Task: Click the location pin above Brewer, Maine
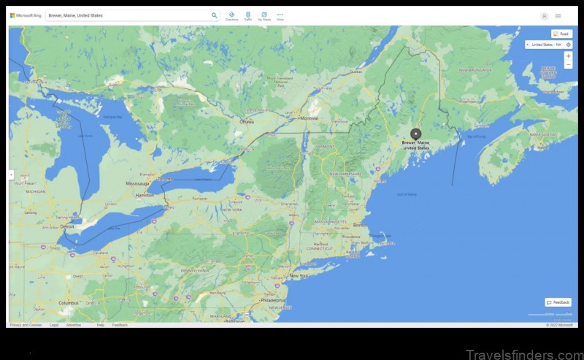pyautogui.click(x=416, y=134)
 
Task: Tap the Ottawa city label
pyautogui.click(x=247, y=122)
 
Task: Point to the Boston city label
pyautogui.click(x=360, y=225)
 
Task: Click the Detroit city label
pyautogui.click(x=68, y=226)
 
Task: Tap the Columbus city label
pyautogui.click(x=69, y=302)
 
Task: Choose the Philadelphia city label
pyautogui.click(x=274, y=300)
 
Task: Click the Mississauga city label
pyautogui.click(x=137, y=183)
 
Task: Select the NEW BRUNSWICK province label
pyautogui.click(x=474, y=69)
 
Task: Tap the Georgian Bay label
pyautogui.click(x=111, y=116)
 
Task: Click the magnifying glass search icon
pyautogui.click(x=215, y=15)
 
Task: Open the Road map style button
pyautogui.click(x=561, y=34)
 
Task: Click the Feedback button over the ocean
pyautogui.click(x=558, y=302)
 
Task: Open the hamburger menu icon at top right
pyautogui.click(x=558, y=15)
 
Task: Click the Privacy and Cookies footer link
pyautogui.click(x=26, y=325)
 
